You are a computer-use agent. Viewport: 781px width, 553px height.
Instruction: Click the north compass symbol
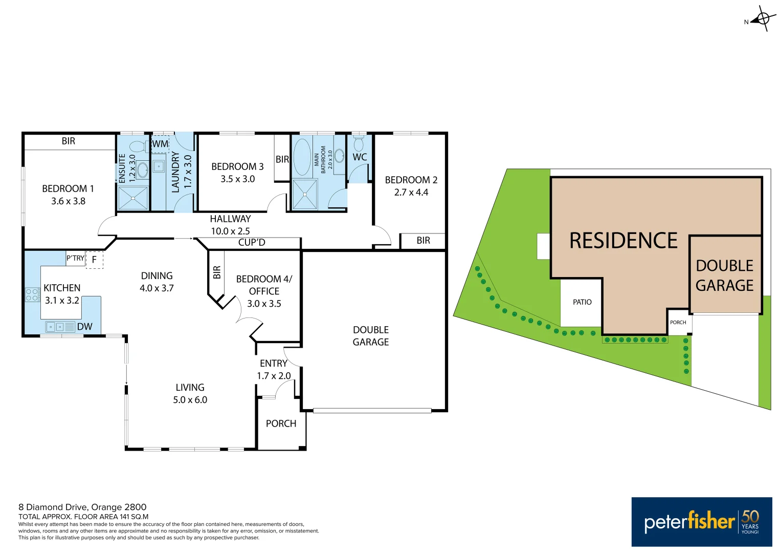763,19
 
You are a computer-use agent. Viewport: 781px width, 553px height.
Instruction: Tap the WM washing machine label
160,144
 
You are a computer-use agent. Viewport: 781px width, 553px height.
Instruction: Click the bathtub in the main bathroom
302,157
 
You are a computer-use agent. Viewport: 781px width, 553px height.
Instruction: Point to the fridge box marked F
94,260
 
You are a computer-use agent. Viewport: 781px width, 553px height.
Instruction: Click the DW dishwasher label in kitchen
85,327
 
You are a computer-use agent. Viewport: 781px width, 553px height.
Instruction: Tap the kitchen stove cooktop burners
32,294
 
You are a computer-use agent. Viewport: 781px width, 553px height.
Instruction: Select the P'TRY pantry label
75,258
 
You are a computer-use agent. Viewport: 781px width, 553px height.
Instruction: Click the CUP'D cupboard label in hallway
252,242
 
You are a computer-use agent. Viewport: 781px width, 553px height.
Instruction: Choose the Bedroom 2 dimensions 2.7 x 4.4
411,193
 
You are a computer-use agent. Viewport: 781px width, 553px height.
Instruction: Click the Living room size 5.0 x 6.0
190,400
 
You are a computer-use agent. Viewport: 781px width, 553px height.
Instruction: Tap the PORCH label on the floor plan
281,423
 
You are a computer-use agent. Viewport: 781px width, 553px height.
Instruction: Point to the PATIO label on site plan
582,302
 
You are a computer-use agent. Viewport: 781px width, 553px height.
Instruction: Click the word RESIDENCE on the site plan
623,241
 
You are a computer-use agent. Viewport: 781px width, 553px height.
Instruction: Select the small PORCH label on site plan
678,323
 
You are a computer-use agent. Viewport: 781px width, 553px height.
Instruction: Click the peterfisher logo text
689,522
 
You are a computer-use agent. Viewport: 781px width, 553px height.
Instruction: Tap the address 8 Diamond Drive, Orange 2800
82,507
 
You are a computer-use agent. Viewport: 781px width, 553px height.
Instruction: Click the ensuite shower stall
133,198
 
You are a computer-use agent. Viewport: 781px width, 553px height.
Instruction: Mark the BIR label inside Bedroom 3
282,159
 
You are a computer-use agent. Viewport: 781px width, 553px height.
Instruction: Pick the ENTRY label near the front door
274,363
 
